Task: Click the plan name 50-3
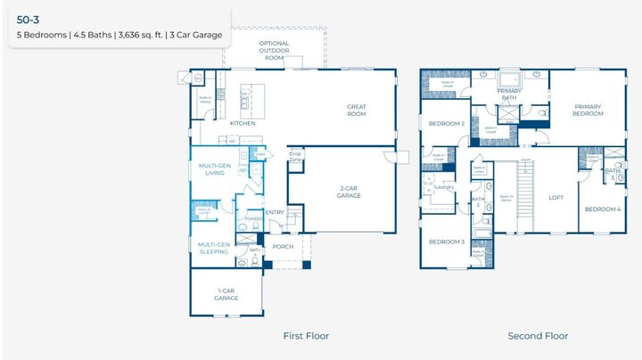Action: (x=29, y=17)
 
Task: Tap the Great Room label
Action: (x=357, y=110)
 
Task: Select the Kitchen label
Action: (x=243, y=123)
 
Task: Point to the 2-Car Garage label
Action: (x=350, y=192)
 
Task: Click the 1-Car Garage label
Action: (x=226, y=295)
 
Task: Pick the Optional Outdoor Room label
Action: (x=276, y=50)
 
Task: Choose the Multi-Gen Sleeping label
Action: (x=213, y=249)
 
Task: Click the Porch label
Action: (x=283, y=247)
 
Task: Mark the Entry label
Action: (x=275, y=212)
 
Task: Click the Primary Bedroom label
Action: (x=588, y=110)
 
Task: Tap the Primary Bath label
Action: (x=509, y=94)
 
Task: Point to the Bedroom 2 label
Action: (x=446, y=124)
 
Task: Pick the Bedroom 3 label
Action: (x=446, y=242)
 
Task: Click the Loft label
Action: (x=556, y=198)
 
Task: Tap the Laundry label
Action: (x=443, y=187)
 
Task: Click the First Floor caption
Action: (x=306, y=336)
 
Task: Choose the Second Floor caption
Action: (x=538, y=336)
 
